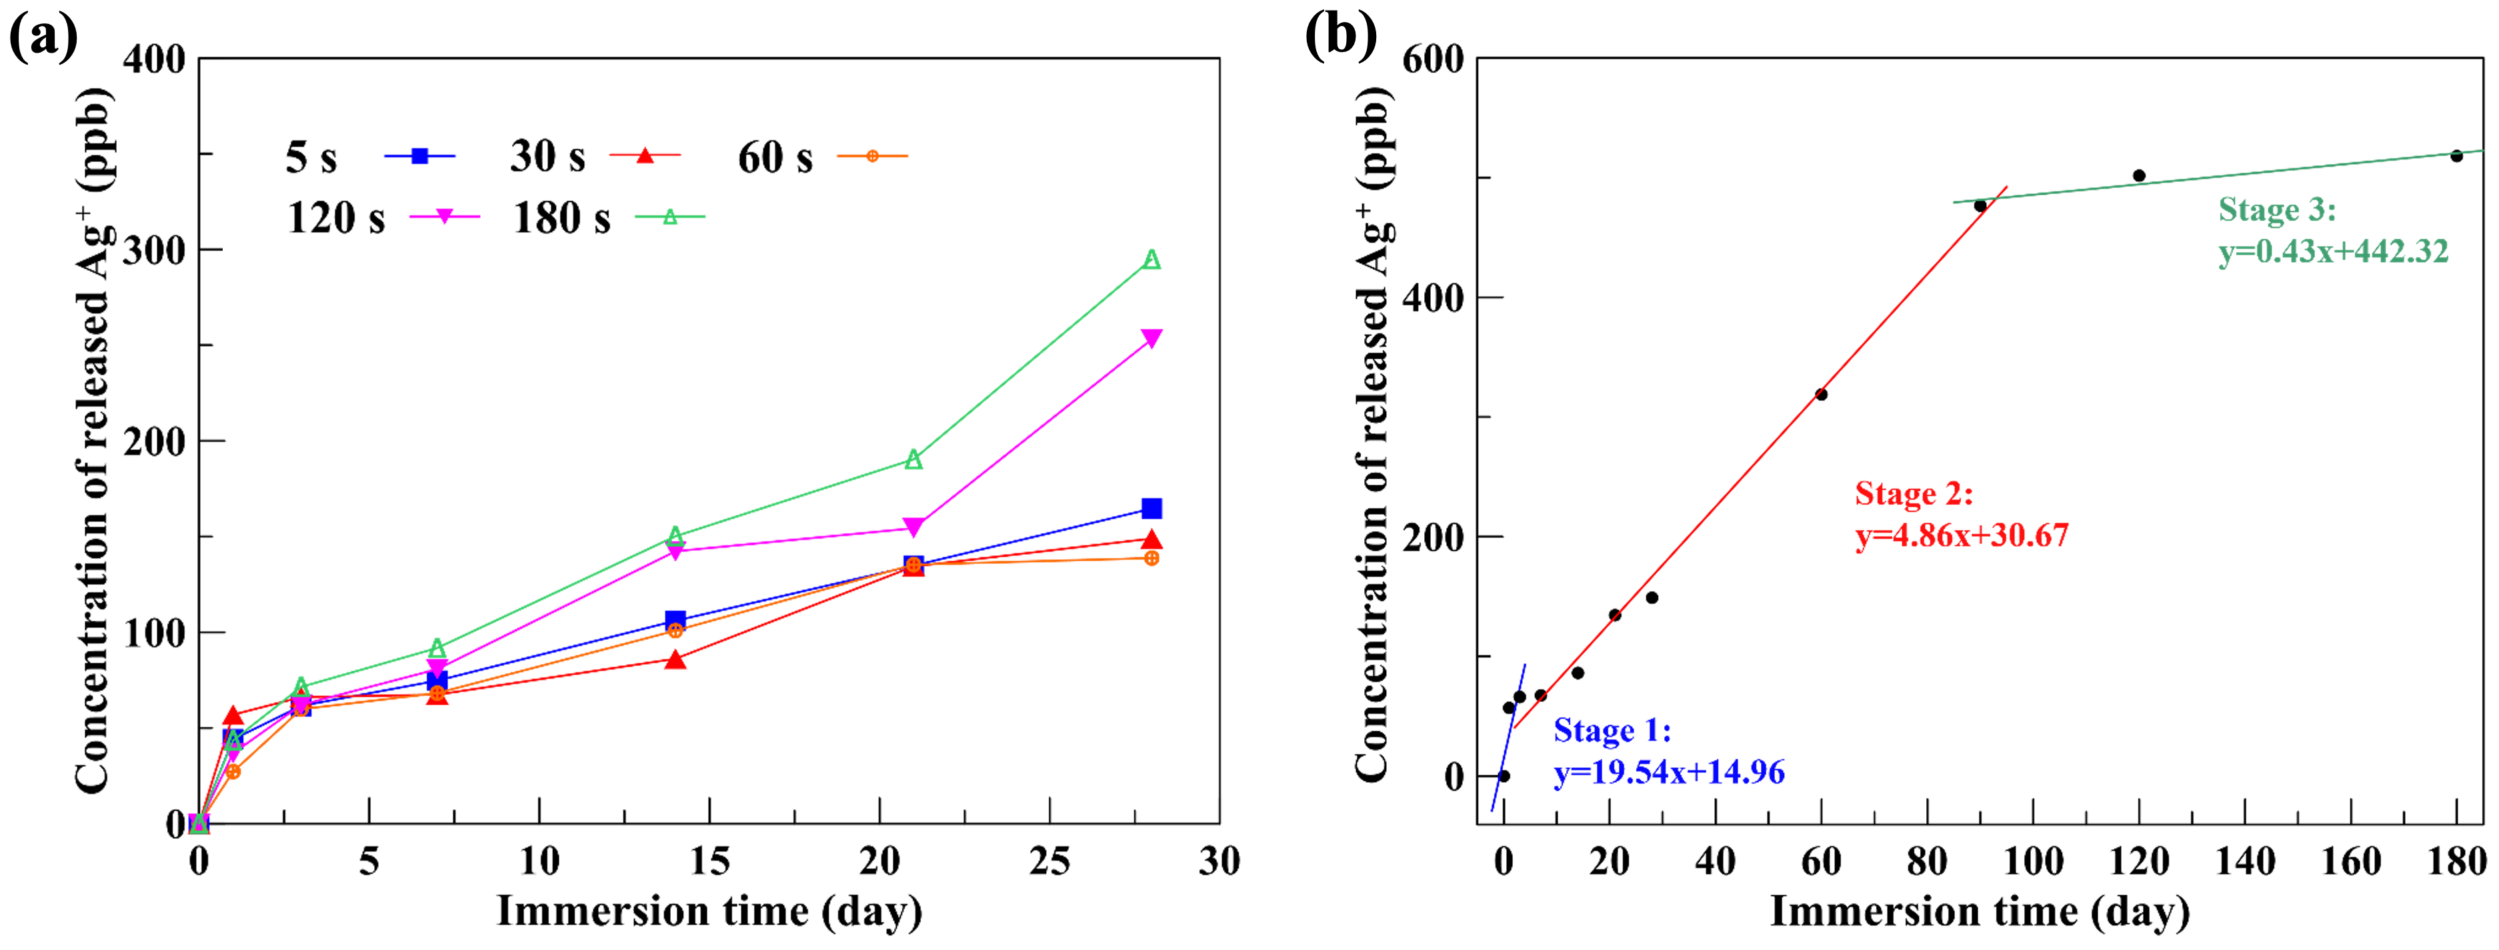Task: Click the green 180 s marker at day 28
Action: pyautogui.click(x=1151, y=259)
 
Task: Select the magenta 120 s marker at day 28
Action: pyautogui.click(x=1151, y=338)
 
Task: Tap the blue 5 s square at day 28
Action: pyautogui.click(x=1151, y=509)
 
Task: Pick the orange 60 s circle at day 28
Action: pyautogui.click(x=1151, y=558)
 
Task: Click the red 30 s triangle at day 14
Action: pyautogui.click(x=675, y=660)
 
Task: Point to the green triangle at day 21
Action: pyautogui.click(x=913, y=459)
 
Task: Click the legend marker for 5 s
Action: pyautogui.click(x=420, y=155)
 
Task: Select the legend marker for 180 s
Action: pyautogui.click(x=669, y=217)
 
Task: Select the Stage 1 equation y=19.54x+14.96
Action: pyautogui.click(x=1669, y=773)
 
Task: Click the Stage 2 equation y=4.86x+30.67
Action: pyautogui.click(x=1962, y=535)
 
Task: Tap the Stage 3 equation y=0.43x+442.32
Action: pyautogui.click(x=2333, y=252)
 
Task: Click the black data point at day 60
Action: pyautogui.click(x=1821, y=394)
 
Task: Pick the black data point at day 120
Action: pyautogui.click(x=2139, y=175)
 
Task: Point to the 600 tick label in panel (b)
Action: pyautogui.click(x=1433, y=59)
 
